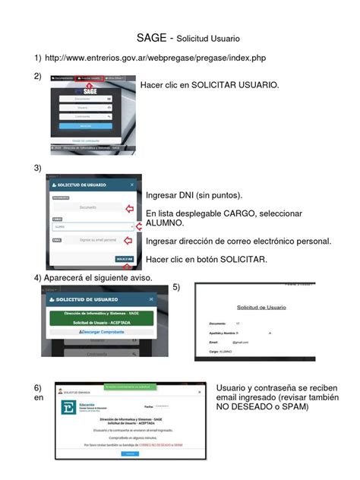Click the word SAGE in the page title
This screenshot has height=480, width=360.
click(x=151, y=37)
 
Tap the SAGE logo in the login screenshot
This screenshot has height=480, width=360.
click(x=90, y=90)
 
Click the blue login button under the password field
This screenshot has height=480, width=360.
click(x=85, y=125)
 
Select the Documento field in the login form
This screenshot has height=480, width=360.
click(x=85, y=99)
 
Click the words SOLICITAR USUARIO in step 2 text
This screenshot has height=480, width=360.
click(x=235, y=85)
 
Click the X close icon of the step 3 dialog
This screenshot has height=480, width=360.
click(x=132, y=185)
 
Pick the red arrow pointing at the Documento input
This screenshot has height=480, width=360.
click(x=128, y=208)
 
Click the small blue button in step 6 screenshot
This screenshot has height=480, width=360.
click(x=131, y=453)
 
